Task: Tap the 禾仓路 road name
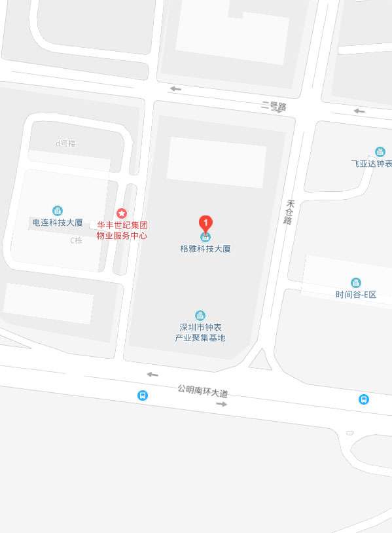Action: (288, 212)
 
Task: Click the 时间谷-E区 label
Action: (356, 295)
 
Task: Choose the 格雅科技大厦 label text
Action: (205, 249)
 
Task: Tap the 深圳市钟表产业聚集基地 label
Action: (200, 333)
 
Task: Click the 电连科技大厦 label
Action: (58, 223)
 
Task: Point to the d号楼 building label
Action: (65, 143)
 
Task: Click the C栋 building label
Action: (77, 240)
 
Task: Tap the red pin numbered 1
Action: (205, 223)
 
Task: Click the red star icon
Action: (121, 213)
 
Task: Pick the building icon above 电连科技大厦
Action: (58, 210)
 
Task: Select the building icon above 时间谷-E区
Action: (356, 282)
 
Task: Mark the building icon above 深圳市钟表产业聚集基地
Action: (200, 315)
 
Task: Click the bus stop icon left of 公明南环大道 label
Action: (142, 395)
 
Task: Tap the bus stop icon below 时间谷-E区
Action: (363, 399)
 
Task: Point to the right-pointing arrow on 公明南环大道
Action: (221, 404)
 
